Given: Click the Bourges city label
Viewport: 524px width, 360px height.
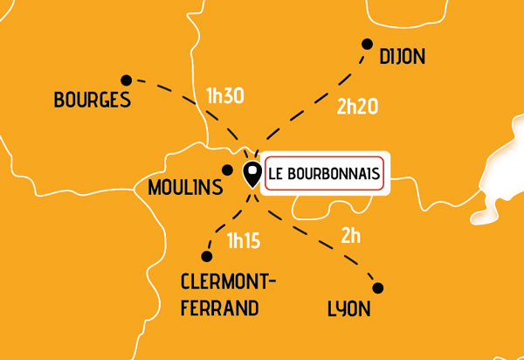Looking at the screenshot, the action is (92, 100).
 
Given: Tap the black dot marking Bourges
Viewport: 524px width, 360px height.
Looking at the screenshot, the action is (126, 80).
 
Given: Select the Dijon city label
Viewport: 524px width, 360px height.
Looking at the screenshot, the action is (402, 58).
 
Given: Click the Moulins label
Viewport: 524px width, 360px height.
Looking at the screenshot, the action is (185, 187).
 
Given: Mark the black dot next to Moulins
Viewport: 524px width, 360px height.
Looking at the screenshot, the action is (227, 170).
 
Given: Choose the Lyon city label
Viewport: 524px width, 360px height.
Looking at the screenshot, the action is (348, 309).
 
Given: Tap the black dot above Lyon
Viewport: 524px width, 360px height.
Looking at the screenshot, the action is (378, 287).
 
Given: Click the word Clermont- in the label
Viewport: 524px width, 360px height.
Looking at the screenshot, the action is (228, 282).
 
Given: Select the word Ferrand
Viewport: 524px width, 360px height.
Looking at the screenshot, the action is (220, 308).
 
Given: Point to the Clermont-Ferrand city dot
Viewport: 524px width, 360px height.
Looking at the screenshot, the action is (207, 256).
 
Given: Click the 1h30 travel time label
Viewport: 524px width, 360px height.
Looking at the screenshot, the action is (224, 96).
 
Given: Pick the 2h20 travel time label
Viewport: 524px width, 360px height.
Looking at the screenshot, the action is (356, 108).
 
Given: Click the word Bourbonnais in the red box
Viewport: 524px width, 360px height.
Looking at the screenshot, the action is (336, 173).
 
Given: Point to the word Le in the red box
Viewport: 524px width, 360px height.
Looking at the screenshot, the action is (278, 173).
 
